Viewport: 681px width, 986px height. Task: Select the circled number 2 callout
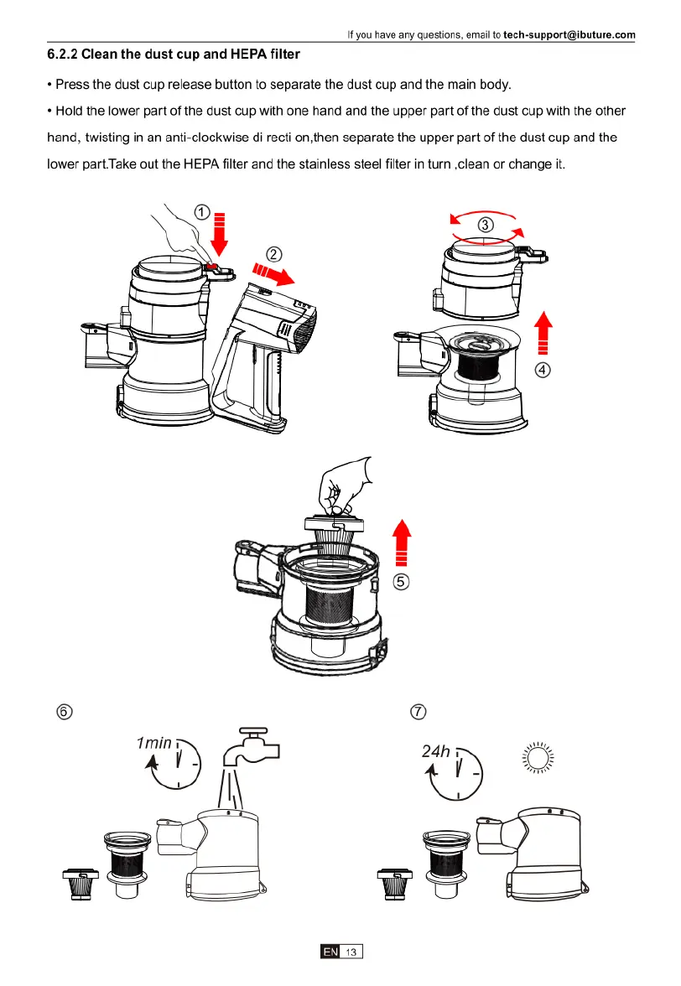pyautogui.click(x=273, y=254)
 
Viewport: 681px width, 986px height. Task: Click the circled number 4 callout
pyautogui.click(x=543, y=371)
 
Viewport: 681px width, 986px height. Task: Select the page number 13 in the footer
pyautogui.click(x=351, y=952)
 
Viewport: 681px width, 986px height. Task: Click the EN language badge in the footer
pyautogui.click(x=330, y=952)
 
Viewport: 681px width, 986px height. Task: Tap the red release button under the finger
pyautogui.click(x=211, y=267)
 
